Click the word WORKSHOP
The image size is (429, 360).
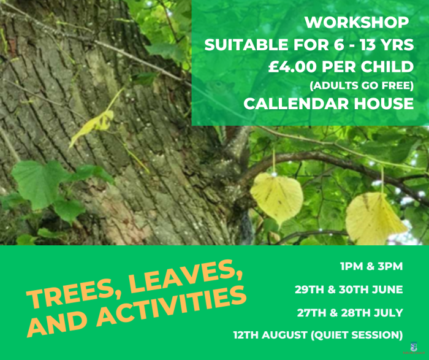click(x=357, y=23)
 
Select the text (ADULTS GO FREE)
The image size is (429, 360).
click(x=362, y=86)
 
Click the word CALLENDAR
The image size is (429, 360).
click(x=297, y=104)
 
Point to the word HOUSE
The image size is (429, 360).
click(x=384, y=104)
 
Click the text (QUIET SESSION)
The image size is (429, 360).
click(x=357, y=335)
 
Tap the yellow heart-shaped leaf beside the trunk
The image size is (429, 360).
click(x=276, y=197)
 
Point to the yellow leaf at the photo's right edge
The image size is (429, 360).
click(x=375, y=218)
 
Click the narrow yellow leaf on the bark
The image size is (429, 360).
click(x=92, y=128)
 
